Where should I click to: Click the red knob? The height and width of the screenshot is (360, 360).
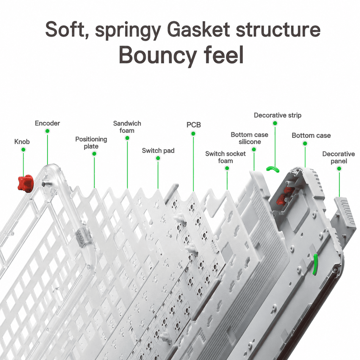[25, 183]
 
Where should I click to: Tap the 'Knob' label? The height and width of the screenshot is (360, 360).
[22, 142]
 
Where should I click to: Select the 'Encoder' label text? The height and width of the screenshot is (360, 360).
[47, 123]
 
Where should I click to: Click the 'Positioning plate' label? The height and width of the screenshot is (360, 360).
[91, 143]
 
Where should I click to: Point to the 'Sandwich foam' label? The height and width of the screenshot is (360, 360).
[127, 127]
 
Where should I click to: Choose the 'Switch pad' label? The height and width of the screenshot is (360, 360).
[158, 150]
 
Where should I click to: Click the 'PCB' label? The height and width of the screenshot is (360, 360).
[194, 125]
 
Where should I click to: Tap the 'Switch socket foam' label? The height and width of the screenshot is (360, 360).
[225, 157]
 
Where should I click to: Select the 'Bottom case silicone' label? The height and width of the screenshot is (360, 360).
[250, 138]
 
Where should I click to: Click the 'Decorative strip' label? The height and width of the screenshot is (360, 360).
[278, 115]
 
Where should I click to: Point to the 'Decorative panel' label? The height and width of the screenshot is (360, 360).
[339, 157]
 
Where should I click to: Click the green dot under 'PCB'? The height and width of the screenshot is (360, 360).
[193, 134]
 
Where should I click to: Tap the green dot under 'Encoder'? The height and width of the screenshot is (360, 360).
[47, 131]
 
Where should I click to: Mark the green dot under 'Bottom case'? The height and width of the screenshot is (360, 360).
[305, 143]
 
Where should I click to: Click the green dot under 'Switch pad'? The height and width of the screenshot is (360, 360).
[158, 158]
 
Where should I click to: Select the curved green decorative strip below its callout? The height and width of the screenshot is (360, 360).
[273, 169]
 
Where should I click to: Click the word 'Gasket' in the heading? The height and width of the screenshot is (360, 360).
[198, 30]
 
